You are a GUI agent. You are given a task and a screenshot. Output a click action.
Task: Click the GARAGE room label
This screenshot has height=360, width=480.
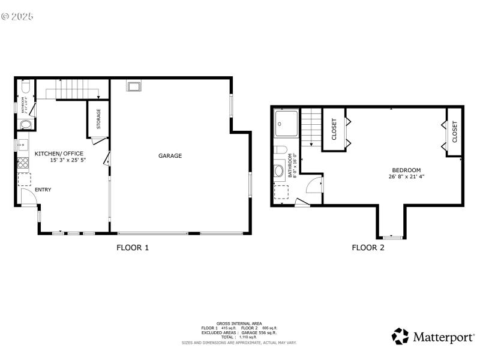(x=170, y=156)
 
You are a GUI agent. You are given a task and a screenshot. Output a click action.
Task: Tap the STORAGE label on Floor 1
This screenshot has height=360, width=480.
(x=98, y=119)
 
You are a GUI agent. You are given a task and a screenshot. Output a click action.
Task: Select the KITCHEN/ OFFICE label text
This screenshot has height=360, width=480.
(x=59, y=154)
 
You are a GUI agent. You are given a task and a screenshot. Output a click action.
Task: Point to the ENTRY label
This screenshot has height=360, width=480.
(x=43, y=190)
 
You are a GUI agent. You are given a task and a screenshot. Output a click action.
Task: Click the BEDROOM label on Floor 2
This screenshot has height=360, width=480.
(x=406, y=170)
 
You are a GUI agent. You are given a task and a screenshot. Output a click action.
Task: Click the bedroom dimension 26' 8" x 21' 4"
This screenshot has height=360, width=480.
(x=406, y=176)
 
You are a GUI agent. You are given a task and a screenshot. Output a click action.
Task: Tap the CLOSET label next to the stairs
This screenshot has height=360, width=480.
(x=334, y=128)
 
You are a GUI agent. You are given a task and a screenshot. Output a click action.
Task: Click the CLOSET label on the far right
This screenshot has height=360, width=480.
(x=454, y=132)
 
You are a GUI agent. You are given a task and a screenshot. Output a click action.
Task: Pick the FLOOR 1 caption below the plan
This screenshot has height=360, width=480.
(x=132, y=247)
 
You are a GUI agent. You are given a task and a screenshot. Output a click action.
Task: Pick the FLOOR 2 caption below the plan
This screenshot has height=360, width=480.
(x=368, y=247)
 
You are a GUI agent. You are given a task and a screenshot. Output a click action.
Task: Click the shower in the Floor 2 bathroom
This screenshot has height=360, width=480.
(x=285, y=125)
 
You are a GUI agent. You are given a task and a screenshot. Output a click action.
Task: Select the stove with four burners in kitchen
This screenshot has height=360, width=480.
(x=23, y=164)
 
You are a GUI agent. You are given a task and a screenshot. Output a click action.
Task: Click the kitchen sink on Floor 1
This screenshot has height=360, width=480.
(x=22, y=145)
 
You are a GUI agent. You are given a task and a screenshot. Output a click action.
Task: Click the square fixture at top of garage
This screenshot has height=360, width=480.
(x=133, y=86)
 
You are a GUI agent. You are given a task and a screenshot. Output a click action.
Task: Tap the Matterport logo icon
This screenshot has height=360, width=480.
(x=400, y=335)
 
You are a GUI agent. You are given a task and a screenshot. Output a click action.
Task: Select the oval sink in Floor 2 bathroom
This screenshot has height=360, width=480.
(x=280, y=171)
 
